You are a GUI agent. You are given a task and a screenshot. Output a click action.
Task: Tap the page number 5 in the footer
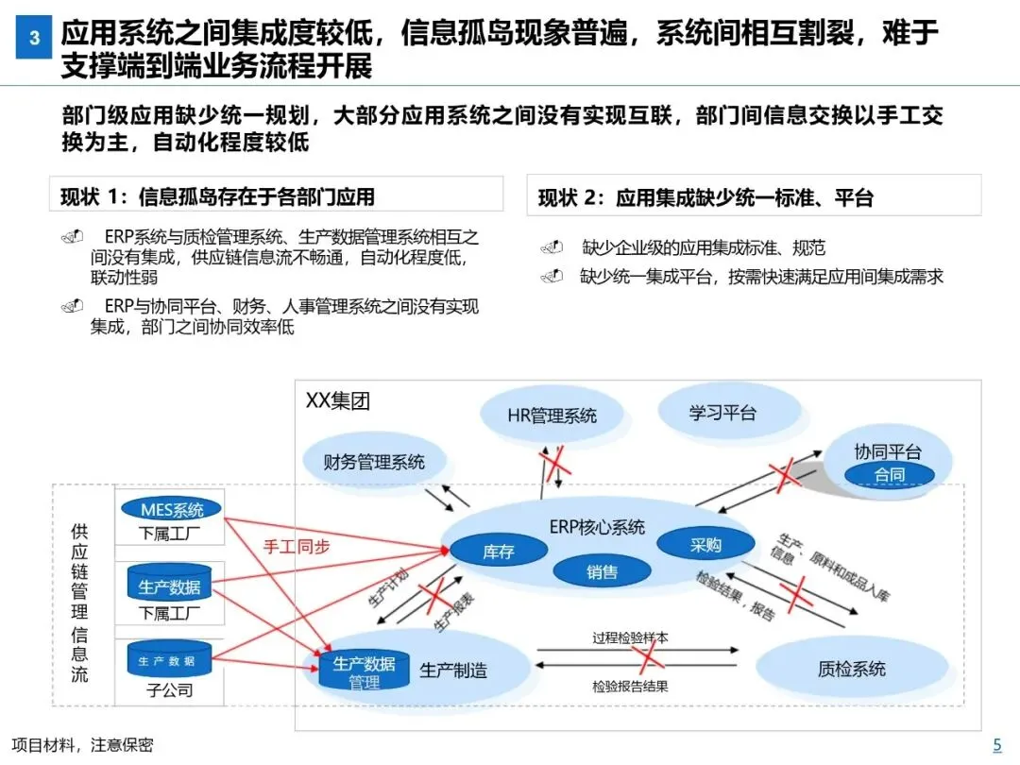996,744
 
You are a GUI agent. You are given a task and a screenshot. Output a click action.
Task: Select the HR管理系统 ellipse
552,416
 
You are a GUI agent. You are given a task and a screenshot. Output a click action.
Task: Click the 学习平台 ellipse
722,413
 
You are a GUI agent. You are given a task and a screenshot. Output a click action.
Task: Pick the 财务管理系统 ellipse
374,462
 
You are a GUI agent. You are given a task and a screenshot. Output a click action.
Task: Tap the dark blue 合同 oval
889,475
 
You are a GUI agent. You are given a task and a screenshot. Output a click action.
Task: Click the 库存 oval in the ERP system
498,552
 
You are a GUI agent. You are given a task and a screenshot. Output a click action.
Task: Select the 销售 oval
602,571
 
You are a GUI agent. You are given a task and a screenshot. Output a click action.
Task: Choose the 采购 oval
705,545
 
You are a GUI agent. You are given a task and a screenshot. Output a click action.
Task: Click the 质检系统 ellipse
851,669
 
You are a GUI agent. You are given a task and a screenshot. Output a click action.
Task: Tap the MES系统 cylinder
171,510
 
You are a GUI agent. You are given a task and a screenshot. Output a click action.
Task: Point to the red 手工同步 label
296,546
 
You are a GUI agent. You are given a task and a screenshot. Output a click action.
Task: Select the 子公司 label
170,690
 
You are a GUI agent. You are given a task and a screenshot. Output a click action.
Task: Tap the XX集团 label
338,400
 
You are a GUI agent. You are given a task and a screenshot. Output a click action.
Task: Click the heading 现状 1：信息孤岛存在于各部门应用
217,196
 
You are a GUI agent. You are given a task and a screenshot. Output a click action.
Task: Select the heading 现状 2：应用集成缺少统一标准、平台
705,197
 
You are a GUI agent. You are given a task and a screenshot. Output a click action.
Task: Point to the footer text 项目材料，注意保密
82,745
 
